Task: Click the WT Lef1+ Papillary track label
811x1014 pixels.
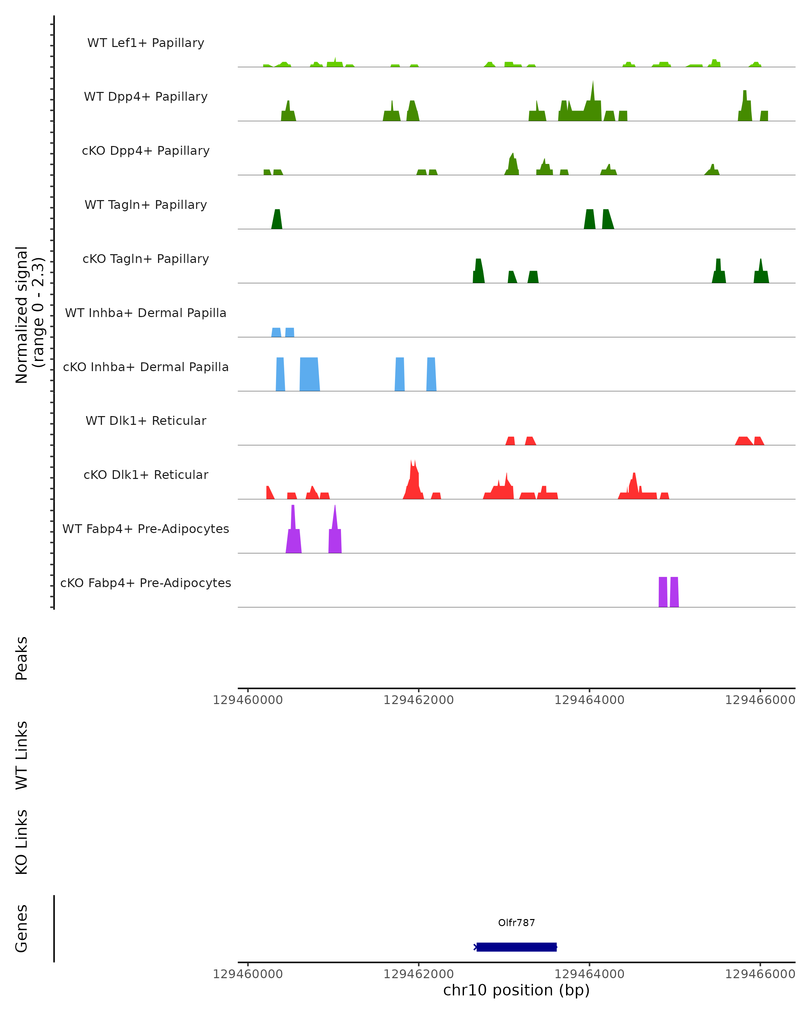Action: (x=146, y=43)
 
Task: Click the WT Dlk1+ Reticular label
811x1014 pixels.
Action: (x=146, y=420)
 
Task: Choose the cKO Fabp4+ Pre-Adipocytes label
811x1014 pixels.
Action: (x=146, y=583)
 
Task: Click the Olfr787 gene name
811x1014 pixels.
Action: (x=516, y=923)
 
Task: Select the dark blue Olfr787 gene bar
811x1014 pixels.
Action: (x=516, y=947)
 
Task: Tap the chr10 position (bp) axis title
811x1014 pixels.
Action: (x=516, y=990)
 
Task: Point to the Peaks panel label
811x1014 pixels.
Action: (x=22, y=658)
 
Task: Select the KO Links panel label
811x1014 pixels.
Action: (x=22, y=842)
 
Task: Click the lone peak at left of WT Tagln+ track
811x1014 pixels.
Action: (x=277, y=220)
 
